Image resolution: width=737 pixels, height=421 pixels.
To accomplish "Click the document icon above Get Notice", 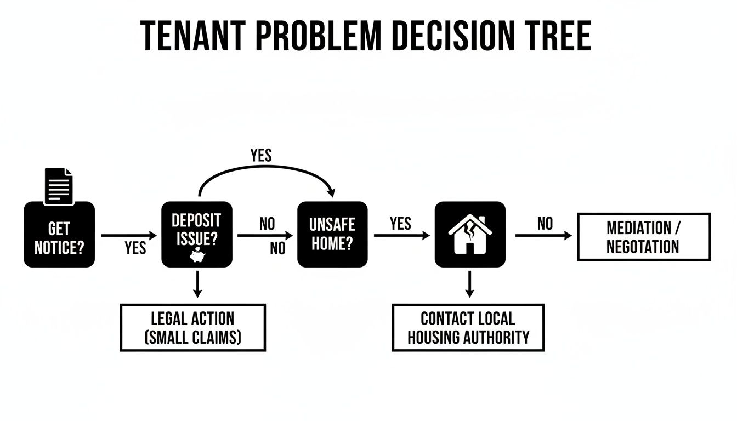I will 59,186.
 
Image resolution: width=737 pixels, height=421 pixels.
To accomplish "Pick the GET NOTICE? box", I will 59,235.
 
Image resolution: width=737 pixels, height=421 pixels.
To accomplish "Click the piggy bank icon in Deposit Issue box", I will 196,255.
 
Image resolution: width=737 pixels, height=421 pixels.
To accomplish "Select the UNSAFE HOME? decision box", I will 332,235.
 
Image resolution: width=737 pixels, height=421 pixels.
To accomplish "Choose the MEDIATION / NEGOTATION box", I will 644,237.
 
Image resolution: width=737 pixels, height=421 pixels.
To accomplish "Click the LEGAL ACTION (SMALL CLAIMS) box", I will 192,327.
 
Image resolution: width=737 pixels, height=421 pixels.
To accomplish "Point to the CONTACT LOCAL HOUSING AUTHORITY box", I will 468,327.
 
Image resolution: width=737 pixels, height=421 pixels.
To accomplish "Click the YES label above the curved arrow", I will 261,155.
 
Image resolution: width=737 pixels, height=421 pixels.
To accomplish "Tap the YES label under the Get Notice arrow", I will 135,248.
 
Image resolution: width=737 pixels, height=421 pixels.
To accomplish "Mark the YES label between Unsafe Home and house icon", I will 400,223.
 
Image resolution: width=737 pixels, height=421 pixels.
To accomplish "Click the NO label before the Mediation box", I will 545,223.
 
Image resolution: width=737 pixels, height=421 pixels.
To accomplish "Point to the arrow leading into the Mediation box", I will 543,236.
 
